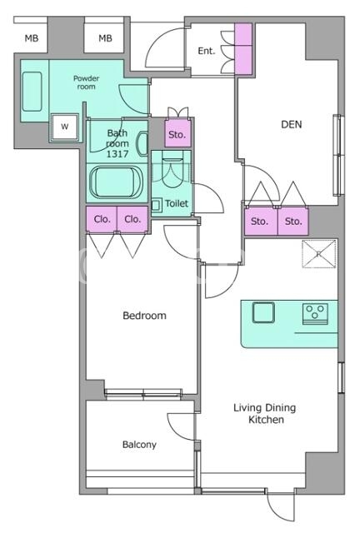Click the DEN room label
click(x=292, y=124)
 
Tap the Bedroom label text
click(x=144, y=316)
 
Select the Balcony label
click(x=139, y=445)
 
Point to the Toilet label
click(x=177, y=203)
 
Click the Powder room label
click(x=86, y=82)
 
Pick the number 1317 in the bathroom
click(x=117, y=154)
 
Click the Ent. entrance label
click(x=207, y=51)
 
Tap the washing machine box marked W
click(x=65, y=127)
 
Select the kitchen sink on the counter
click(x=263, y=312)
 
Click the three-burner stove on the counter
click(x=315, y=313)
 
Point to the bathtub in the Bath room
click(x=117, y=182)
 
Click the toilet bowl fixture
click(x=172, y=169)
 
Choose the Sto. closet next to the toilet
click(x=177, y=133)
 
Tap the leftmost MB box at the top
click(x=32, y=38)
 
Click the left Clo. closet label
click(x=102, y=219)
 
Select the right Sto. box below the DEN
click(x=293, y=222)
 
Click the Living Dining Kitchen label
click(x=265, y=413)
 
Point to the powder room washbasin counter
click(x=32, y=91)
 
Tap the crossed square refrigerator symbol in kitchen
click(x=319, y=253)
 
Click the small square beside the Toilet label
click(x=156, y=205)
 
